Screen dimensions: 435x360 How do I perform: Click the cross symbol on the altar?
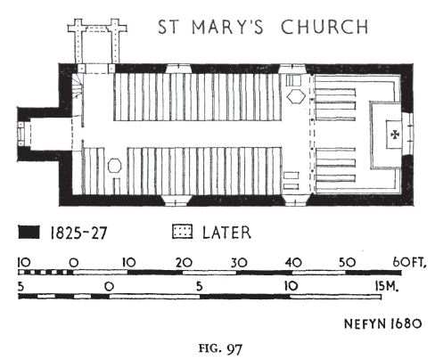395,135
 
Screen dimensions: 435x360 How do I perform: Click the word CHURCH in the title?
324,27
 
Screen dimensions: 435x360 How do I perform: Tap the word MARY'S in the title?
227,27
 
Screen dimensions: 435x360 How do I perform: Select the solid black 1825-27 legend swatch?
29,232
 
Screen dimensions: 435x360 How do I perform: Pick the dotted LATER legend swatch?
183,232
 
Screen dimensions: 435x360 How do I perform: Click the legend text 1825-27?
78,233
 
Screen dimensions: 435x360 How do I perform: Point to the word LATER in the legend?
226,233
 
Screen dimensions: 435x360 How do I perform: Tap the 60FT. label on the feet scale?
409,262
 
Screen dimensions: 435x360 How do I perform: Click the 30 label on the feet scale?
239,263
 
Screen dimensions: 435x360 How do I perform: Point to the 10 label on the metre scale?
291,286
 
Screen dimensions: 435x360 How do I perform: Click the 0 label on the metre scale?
109,287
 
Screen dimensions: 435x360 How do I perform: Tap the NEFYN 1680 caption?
382,323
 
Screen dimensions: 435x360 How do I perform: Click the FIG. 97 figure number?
221,348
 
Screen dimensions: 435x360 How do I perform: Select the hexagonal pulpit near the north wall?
296,96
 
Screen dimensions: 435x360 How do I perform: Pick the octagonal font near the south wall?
114,166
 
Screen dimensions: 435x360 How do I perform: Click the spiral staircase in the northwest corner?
78,86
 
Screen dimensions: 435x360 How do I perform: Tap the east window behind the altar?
408,135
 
